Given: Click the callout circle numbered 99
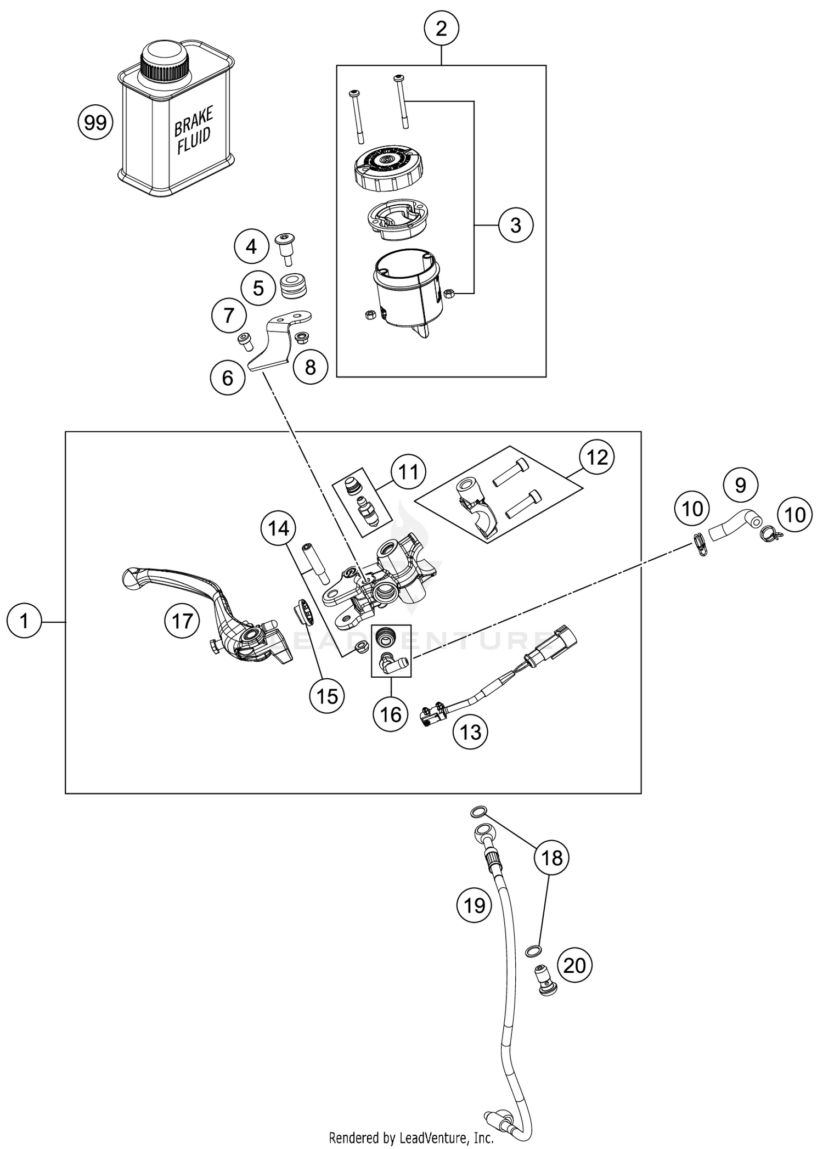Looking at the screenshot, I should [x=95, y=122].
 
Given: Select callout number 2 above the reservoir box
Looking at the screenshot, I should [x=441, y=29].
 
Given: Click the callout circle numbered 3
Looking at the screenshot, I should [x=515, y=225].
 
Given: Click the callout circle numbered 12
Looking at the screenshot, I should [x=597, y=457].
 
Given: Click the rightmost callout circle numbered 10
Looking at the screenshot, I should [x=795, y=515].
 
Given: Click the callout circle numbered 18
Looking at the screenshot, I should [x=552, y=857].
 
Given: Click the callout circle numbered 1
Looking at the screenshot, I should [x=24, y=621].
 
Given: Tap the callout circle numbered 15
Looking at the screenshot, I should [x=327, y=696].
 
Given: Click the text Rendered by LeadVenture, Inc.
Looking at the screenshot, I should [x=411, y=1138].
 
